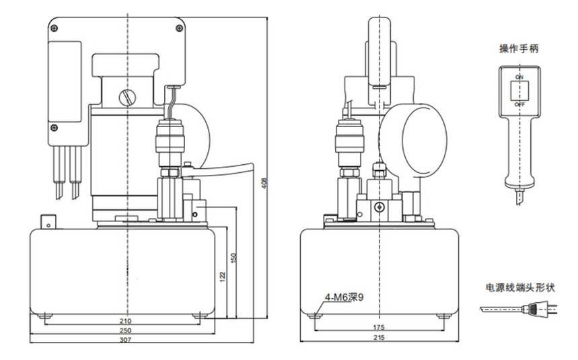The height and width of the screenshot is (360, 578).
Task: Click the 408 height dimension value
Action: tap(264, 183)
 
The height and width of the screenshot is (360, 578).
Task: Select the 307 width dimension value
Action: tap(125, 340)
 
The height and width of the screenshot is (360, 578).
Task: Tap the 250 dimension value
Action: tap(125, 330)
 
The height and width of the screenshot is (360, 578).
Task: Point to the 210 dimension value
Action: tap(125, 321)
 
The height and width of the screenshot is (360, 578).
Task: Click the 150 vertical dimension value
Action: tap(233, 258)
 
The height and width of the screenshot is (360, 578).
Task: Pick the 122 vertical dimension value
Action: tap(222, 277)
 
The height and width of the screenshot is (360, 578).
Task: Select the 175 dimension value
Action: tap(379, 327)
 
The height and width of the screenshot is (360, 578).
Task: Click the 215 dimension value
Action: tap(379, 337)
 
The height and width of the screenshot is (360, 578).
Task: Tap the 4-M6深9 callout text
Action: tap(344, 297)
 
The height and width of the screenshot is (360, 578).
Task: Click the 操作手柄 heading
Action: tap(519, 48)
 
